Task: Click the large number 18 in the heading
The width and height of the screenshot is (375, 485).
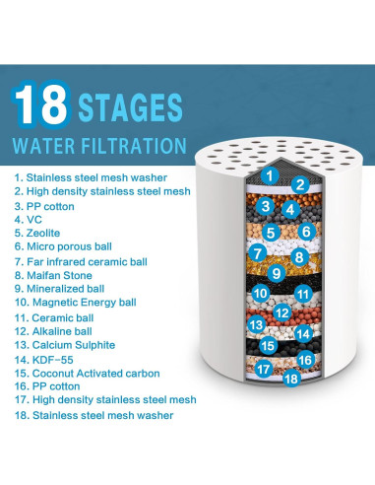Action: [41, 104]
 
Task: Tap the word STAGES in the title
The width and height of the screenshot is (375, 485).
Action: [130, 107]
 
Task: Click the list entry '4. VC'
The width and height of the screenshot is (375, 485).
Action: [29, 220]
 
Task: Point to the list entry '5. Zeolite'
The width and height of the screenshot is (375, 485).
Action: [37, 233]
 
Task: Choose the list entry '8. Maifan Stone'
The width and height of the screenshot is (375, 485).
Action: [53, 275]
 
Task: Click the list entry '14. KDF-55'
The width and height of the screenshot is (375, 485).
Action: [43, 360]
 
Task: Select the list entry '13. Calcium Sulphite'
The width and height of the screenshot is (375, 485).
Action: [65, 345]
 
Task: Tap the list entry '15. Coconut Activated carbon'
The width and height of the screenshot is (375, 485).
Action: [87, 374]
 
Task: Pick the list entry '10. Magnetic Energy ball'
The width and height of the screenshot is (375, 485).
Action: [75, 303]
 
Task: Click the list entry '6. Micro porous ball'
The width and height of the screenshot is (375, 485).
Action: [63, 246]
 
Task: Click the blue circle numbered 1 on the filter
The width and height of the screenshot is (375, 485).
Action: [270, 175]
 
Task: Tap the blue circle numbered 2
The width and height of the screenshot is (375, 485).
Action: [300, 185]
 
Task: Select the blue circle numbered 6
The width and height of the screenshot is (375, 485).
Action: [306, 232]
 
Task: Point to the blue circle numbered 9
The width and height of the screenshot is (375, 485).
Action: [277, 273]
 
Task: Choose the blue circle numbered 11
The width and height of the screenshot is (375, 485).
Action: [303, 294]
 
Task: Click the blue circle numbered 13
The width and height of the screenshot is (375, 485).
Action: [256, 324]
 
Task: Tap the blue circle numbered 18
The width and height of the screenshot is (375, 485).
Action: [291, 379]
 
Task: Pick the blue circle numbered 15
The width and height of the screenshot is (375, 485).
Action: [268, 345]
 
